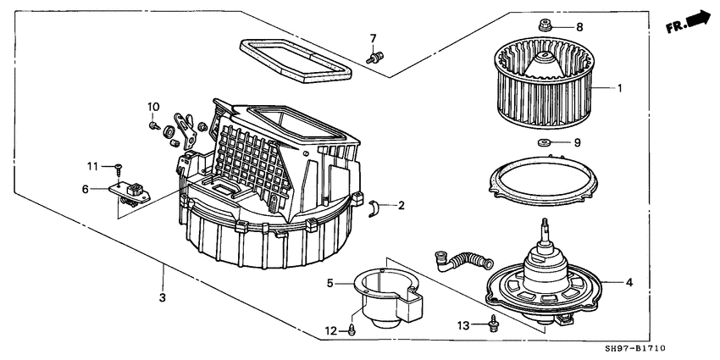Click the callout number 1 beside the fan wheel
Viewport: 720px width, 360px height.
619,88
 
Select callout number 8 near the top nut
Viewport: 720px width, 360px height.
579,27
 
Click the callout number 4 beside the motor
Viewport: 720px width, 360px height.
629,281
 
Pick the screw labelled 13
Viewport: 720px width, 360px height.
493,323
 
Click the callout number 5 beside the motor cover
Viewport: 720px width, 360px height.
330,284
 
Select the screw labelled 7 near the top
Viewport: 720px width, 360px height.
373,57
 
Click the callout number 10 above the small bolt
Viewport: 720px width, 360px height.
153,106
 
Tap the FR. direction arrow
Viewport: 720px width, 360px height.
688,22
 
